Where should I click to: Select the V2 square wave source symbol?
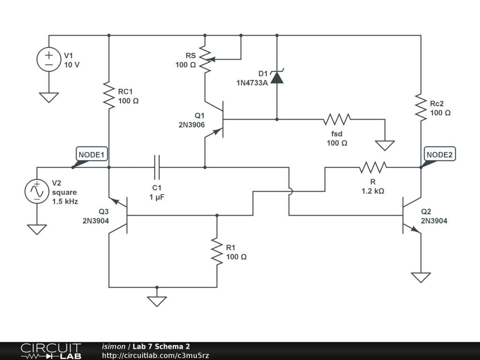[37, 191]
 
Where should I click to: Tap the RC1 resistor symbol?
[109, 96]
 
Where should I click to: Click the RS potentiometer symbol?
[205, 60]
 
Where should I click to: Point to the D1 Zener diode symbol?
[277, 77]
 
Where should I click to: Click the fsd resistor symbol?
[337, 120]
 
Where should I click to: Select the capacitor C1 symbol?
[157, 167]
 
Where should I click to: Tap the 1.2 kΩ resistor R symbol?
[373, 167]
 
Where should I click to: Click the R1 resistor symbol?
[217, 251]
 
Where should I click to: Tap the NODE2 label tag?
[439, 154]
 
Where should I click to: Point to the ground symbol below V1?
[49, 97]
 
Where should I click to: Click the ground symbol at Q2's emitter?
[420, 277]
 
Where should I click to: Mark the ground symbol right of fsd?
[385, 145]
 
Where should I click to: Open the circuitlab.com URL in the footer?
[155, 355]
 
